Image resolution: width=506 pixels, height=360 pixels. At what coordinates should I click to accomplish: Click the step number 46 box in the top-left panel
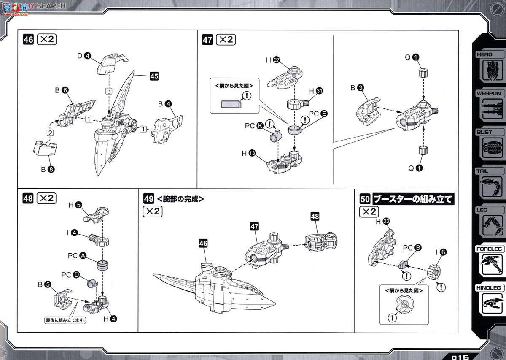(28, 40)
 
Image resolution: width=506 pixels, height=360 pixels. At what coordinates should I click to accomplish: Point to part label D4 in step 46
(84, 55)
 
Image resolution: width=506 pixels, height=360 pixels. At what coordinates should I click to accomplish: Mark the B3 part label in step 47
(357, 88)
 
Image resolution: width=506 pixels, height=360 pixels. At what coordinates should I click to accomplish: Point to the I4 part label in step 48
(70, 233)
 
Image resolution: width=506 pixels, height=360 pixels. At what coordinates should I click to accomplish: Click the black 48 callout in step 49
(315, 217)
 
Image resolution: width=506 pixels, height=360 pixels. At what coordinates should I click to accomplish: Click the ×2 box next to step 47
(226, 40)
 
